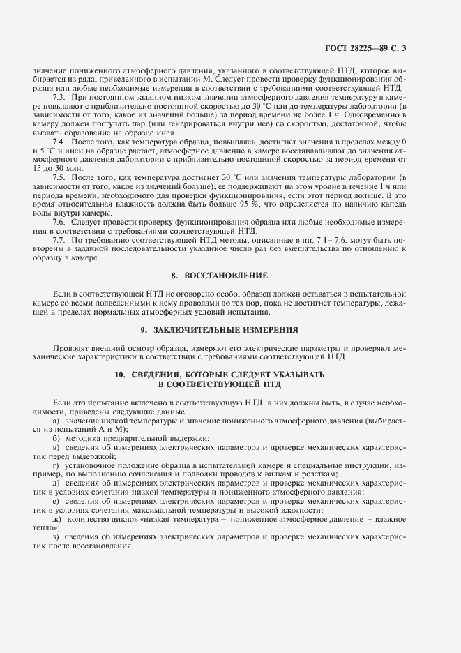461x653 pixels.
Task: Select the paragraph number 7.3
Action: coord(59,98)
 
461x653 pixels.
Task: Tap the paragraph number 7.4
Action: coord(59,142)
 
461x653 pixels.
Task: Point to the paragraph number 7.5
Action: coord(59,178)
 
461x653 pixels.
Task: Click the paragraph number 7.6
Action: coord(59,221)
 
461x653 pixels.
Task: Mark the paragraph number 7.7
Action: coord(59,239)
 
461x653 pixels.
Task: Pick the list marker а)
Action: coord(56,421)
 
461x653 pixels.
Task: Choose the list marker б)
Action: coord(56,438)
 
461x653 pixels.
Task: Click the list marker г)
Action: coord(56,465)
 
